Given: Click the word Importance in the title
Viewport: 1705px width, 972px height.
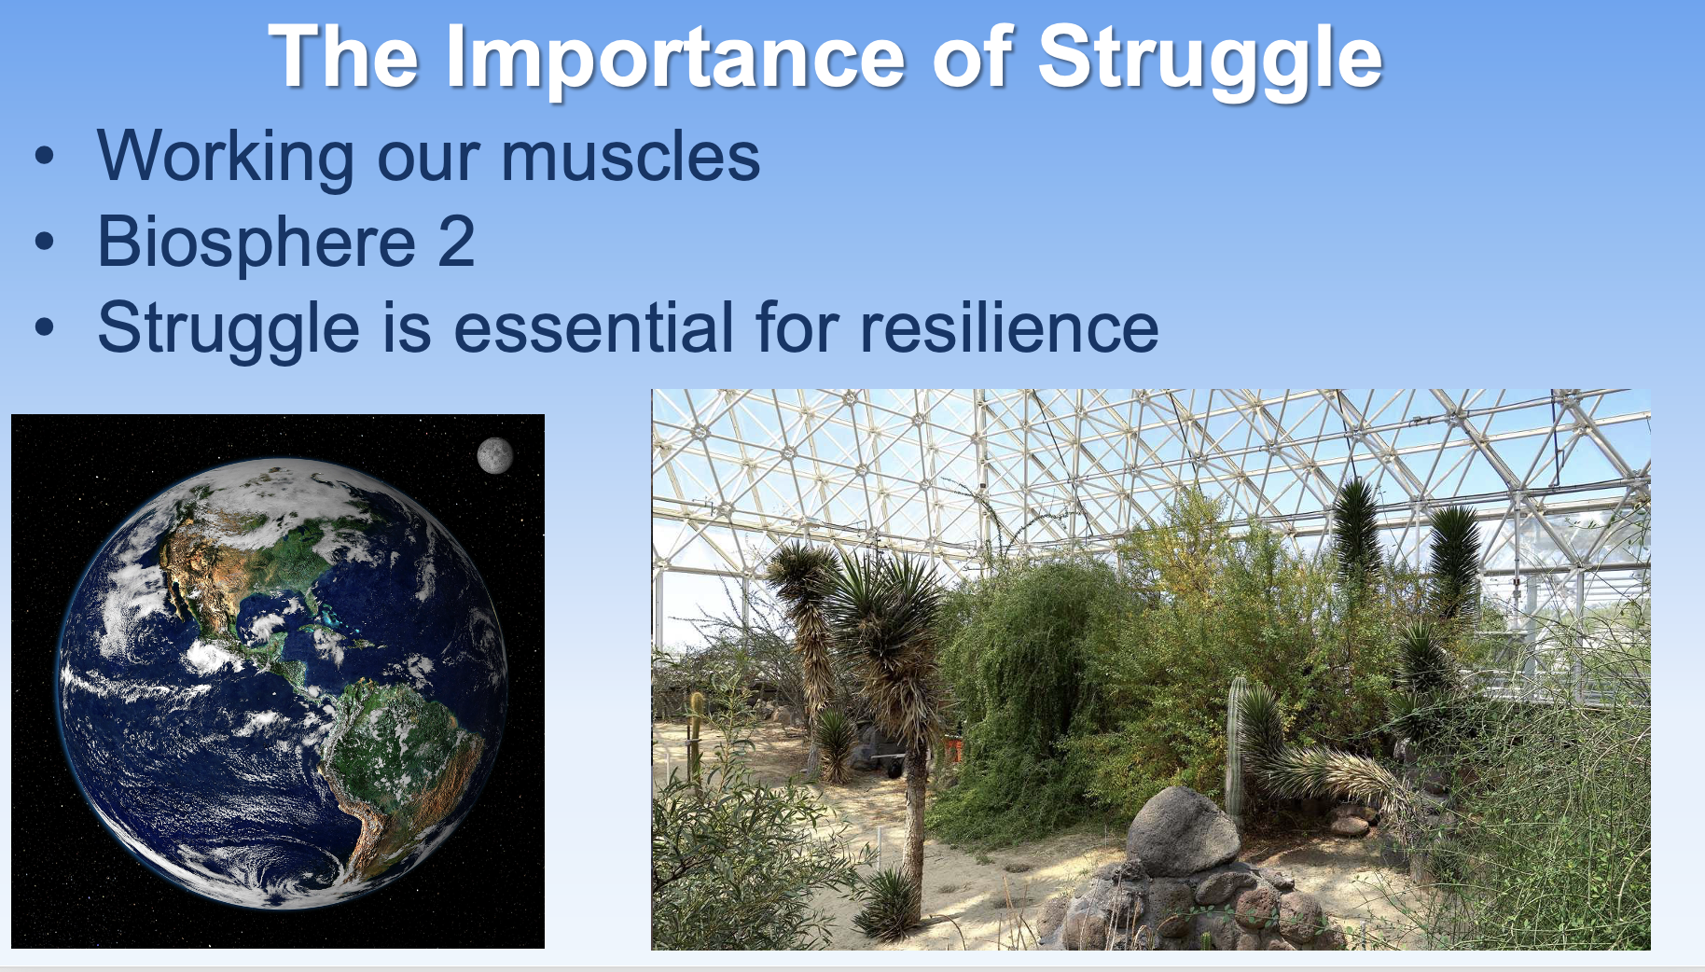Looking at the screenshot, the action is tap(675, 58).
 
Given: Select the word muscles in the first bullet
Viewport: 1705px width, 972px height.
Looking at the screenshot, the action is tap(631, 156).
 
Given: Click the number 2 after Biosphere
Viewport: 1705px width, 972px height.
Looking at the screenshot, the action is tap(456, 242).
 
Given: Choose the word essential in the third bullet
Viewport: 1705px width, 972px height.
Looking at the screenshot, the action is tap(593, 327).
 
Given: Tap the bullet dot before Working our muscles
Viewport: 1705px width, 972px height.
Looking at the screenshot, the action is tap(44, 157).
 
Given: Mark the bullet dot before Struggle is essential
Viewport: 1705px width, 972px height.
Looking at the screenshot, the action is tap(44, 328).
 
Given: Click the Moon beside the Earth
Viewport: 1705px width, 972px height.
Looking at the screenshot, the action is tap(494, 455).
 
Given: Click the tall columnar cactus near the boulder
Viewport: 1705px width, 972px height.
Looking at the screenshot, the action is tap(1236, 746).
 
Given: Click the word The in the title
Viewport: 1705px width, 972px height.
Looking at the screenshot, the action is tap(343, 58).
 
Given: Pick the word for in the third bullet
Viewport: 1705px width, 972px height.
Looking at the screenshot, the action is tap(797, 327).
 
